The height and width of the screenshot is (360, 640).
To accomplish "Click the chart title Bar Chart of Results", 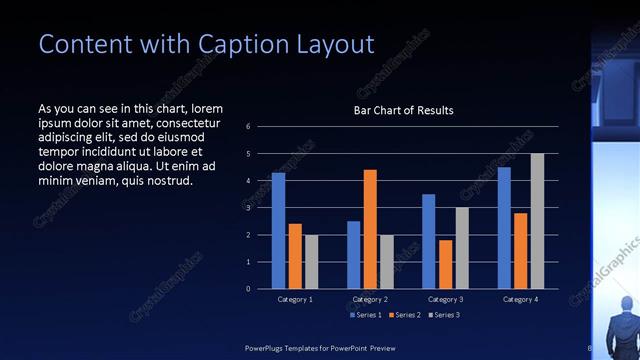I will (404, 110).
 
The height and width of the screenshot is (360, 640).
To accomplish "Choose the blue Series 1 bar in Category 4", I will (504, 227).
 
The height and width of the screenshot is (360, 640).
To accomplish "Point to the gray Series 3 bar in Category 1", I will (311, 261).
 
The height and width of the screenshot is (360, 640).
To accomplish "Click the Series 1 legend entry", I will (365, 315).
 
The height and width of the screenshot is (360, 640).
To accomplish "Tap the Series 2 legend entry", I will (403, 315).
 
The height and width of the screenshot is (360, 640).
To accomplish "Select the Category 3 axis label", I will (445, 299).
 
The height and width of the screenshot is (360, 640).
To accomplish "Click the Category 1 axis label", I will (295, 299).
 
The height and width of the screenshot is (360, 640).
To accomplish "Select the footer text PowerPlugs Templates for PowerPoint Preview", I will (320, 347).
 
